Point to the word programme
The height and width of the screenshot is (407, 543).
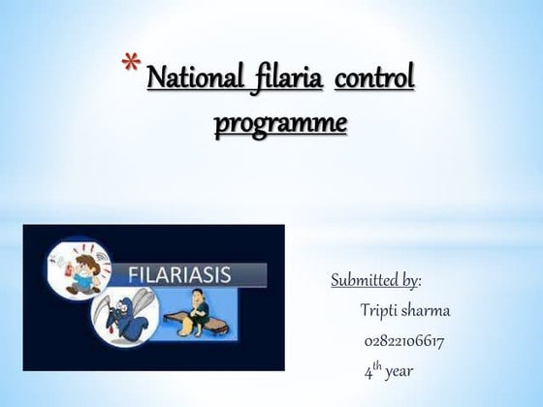click(279, 124)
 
